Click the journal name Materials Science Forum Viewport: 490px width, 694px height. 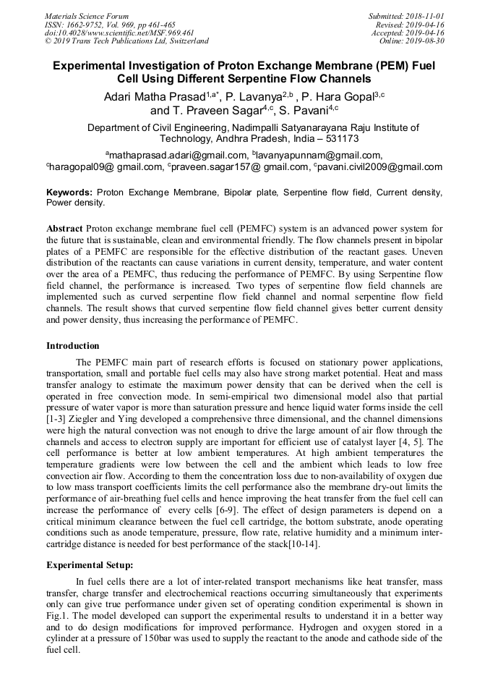click(x=87, y=16)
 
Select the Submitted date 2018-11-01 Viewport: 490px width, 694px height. click(x=426, y=16)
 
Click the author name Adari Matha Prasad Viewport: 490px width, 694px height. click(x=154, y=96)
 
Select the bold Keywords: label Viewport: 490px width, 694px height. click(x=69, y=192)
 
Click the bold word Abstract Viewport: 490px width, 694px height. click(x=64, y=228)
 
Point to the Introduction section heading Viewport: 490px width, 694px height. click(x=73, y=346)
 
